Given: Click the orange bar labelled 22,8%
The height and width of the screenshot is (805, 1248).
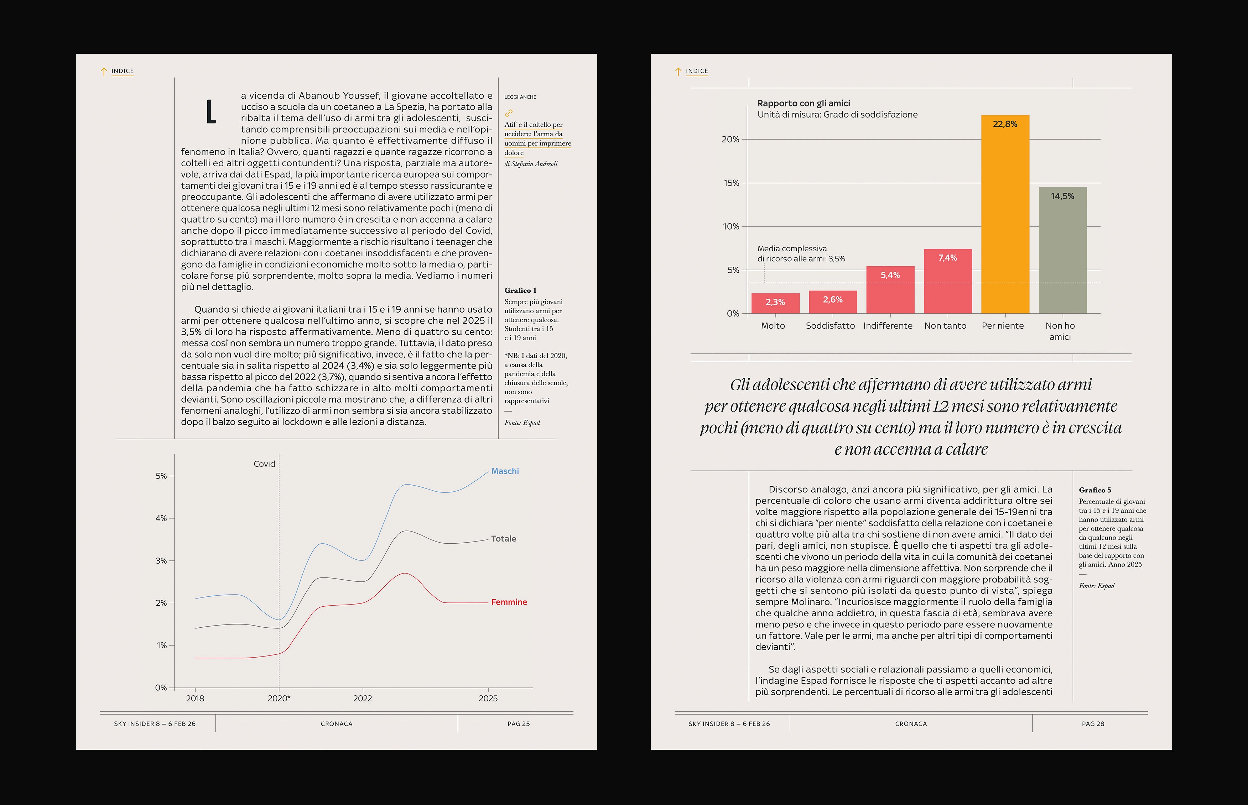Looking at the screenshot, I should pyautogui.click(x=1005, y=214).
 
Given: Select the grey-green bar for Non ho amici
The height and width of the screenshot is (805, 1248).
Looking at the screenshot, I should pyautogui.click(x=1062, y=251).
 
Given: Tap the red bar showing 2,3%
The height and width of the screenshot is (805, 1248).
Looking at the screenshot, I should pyautogui.click(x=775, y=303).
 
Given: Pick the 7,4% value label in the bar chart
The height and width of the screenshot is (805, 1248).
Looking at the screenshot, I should pyautogui.click(x=947, y=258).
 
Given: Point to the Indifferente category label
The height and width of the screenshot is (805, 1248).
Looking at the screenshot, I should pyautogui.click(x=888, y=326).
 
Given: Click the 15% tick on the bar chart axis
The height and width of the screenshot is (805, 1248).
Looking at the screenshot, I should pyautogui.click(x=730, y=183).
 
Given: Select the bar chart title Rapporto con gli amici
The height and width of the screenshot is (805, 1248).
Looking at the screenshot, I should pyautogui.click(x=804, y=103).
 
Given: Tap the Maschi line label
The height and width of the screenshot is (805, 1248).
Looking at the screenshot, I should pyautogui.click(x=505, y=471).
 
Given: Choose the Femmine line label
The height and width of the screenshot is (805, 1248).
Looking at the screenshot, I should pyautogui.click(x=509, y=602).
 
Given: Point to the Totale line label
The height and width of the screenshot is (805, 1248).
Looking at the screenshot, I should pyautogui.click(x=504, y=538).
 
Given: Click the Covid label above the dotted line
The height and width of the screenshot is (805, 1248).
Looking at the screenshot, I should pyautogui.click(x=264, y=464).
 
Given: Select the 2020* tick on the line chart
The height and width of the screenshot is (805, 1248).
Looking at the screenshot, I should pyautogui.click(x=279, y=698).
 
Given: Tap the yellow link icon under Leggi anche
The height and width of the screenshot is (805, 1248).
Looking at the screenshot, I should pyautogui.click(x=509, y=113).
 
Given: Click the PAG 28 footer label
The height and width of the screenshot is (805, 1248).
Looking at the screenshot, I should pyautogui.click(x=1093, y=724).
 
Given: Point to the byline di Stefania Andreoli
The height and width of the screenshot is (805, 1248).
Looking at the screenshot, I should pyautogui.click(x=531, y=164).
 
